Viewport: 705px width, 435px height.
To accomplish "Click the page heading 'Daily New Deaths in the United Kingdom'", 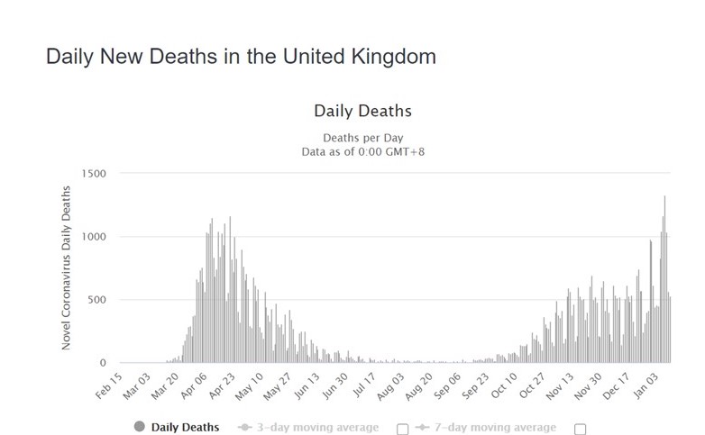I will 241,57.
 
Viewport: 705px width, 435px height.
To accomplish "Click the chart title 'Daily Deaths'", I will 362,112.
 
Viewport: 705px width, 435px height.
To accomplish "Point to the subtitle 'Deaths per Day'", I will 362,138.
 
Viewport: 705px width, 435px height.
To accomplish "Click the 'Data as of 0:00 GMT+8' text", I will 362,151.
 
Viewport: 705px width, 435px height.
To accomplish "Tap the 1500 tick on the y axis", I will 93,174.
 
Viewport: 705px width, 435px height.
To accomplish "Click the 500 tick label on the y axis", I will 96,300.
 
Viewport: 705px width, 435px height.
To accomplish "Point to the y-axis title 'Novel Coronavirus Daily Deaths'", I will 66,268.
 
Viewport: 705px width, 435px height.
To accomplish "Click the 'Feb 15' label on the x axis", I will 109,385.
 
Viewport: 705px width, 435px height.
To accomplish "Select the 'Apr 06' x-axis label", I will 196,385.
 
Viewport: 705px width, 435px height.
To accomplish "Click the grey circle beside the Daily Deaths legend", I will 139,427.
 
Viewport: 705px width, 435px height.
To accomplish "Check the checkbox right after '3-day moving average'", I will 402,429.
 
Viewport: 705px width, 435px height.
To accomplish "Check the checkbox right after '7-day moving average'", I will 580,429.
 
